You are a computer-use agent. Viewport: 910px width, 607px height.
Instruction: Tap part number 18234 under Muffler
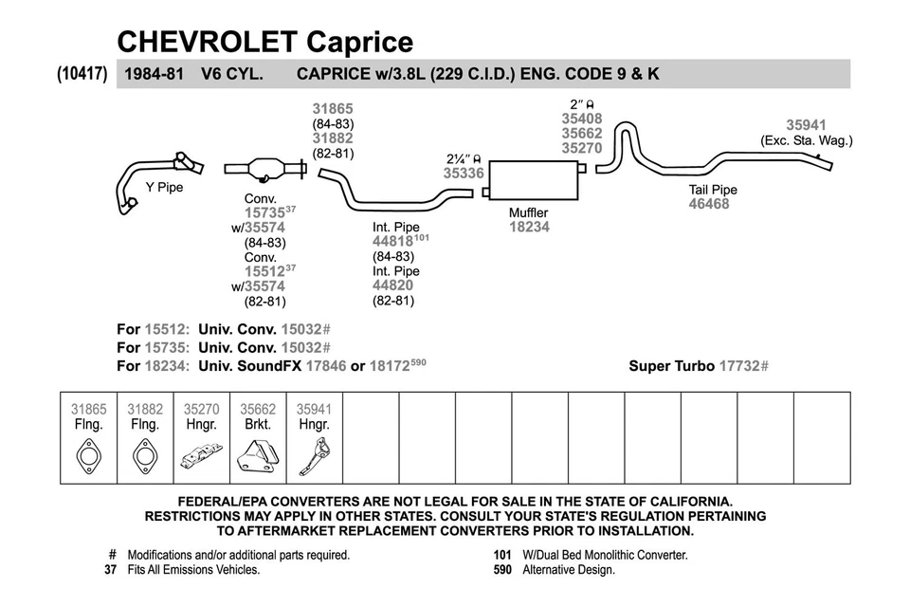[x=529, y=227]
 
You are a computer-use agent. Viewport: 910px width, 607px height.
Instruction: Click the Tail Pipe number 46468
[x=709, y=204]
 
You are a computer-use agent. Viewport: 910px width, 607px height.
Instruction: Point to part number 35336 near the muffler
[x=464, y=174]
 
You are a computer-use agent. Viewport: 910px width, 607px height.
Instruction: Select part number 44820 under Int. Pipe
[x=392, y=285]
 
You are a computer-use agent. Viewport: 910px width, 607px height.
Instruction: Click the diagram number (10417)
[x=82, y=72]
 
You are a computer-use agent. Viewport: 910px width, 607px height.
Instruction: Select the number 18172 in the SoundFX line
[x=389, y=365]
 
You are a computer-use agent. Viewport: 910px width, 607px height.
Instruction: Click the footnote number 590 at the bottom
[x=502, y=570]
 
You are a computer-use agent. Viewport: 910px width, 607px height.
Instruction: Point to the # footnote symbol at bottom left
[x=113, y=555]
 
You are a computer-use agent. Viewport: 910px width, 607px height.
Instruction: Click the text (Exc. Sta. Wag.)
[x=807, y=140]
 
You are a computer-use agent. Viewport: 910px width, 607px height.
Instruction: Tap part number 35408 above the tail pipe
[x=581, y=120]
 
